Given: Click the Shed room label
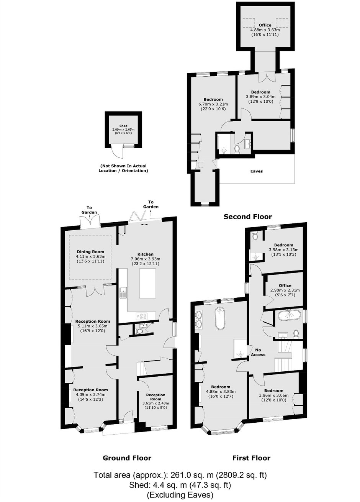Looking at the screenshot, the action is [123, 126].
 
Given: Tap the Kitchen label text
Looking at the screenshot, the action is [146, 254].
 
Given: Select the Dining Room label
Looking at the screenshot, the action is [90, 252].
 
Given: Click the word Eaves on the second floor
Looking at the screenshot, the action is [257, 171].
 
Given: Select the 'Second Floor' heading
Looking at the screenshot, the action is [247, 217].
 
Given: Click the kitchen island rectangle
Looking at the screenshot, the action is [147, 283].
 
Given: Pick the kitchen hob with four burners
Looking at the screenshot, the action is [142, 316].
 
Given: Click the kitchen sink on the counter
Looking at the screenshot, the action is [123, 292].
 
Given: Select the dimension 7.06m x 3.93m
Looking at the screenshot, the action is [146, 259].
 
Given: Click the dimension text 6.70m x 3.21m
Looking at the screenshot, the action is [213, 104].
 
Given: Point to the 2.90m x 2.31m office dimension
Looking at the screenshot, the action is [285, 290].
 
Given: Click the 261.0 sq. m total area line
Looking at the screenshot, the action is [180, 474].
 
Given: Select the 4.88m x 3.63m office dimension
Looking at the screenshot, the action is [265, 30].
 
